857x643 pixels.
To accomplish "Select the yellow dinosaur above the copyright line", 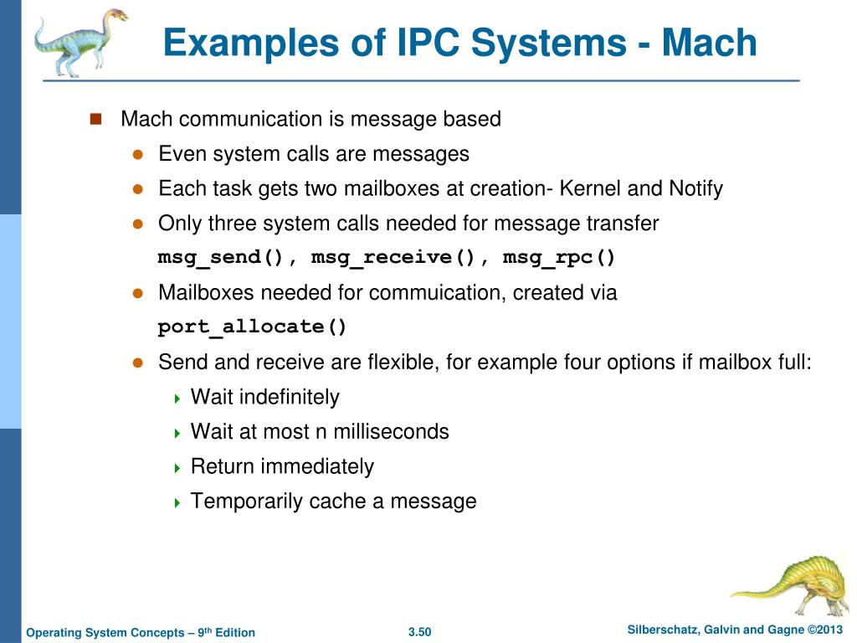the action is [791, 585].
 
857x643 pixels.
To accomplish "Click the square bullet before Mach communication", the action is [95, 119].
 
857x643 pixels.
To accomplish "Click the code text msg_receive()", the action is [393, 258].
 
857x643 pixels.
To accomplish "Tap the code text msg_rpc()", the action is [559, 258].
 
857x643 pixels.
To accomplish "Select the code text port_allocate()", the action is [253, 327].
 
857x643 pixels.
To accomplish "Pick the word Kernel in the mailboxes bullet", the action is [590, 188].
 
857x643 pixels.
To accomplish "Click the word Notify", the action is [695, 188].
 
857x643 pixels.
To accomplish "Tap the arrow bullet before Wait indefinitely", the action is [177, 399].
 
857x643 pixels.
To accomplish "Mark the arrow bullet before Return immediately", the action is [177, 468].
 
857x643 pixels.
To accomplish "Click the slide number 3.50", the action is [419, 632].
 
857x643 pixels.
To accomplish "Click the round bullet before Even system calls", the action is [139, 155].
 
